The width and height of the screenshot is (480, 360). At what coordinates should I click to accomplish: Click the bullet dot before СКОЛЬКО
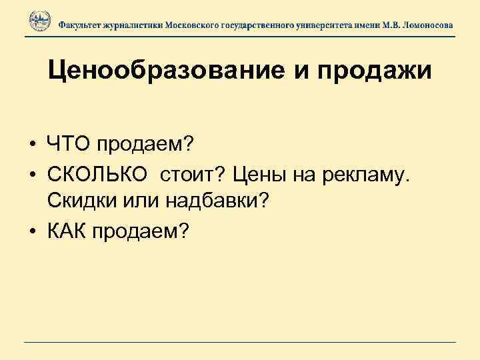click(x=31, y=175)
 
